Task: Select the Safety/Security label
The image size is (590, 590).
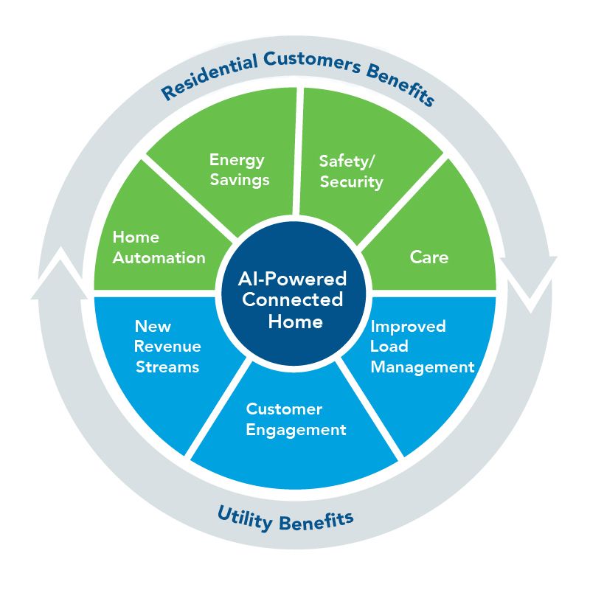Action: click(350, 171)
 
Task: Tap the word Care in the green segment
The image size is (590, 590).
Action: click(428, 257)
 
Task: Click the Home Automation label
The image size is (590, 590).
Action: click(158, 247)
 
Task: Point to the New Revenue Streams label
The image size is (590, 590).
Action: click(167, 346)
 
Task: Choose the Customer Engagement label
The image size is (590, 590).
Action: click(296, 419)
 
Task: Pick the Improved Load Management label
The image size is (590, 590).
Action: click(421, 346)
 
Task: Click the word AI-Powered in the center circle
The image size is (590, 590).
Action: click(293, 280)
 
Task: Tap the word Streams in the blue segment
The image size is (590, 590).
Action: click(167, 367)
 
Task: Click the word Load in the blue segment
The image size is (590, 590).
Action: click(389, 346)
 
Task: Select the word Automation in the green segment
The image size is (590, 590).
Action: click(159, 257)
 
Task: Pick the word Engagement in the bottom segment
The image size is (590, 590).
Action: click(296, 429)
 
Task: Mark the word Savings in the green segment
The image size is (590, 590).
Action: click(239, 179)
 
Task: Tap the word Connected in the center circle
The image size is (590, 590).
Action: click(293, 300)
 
